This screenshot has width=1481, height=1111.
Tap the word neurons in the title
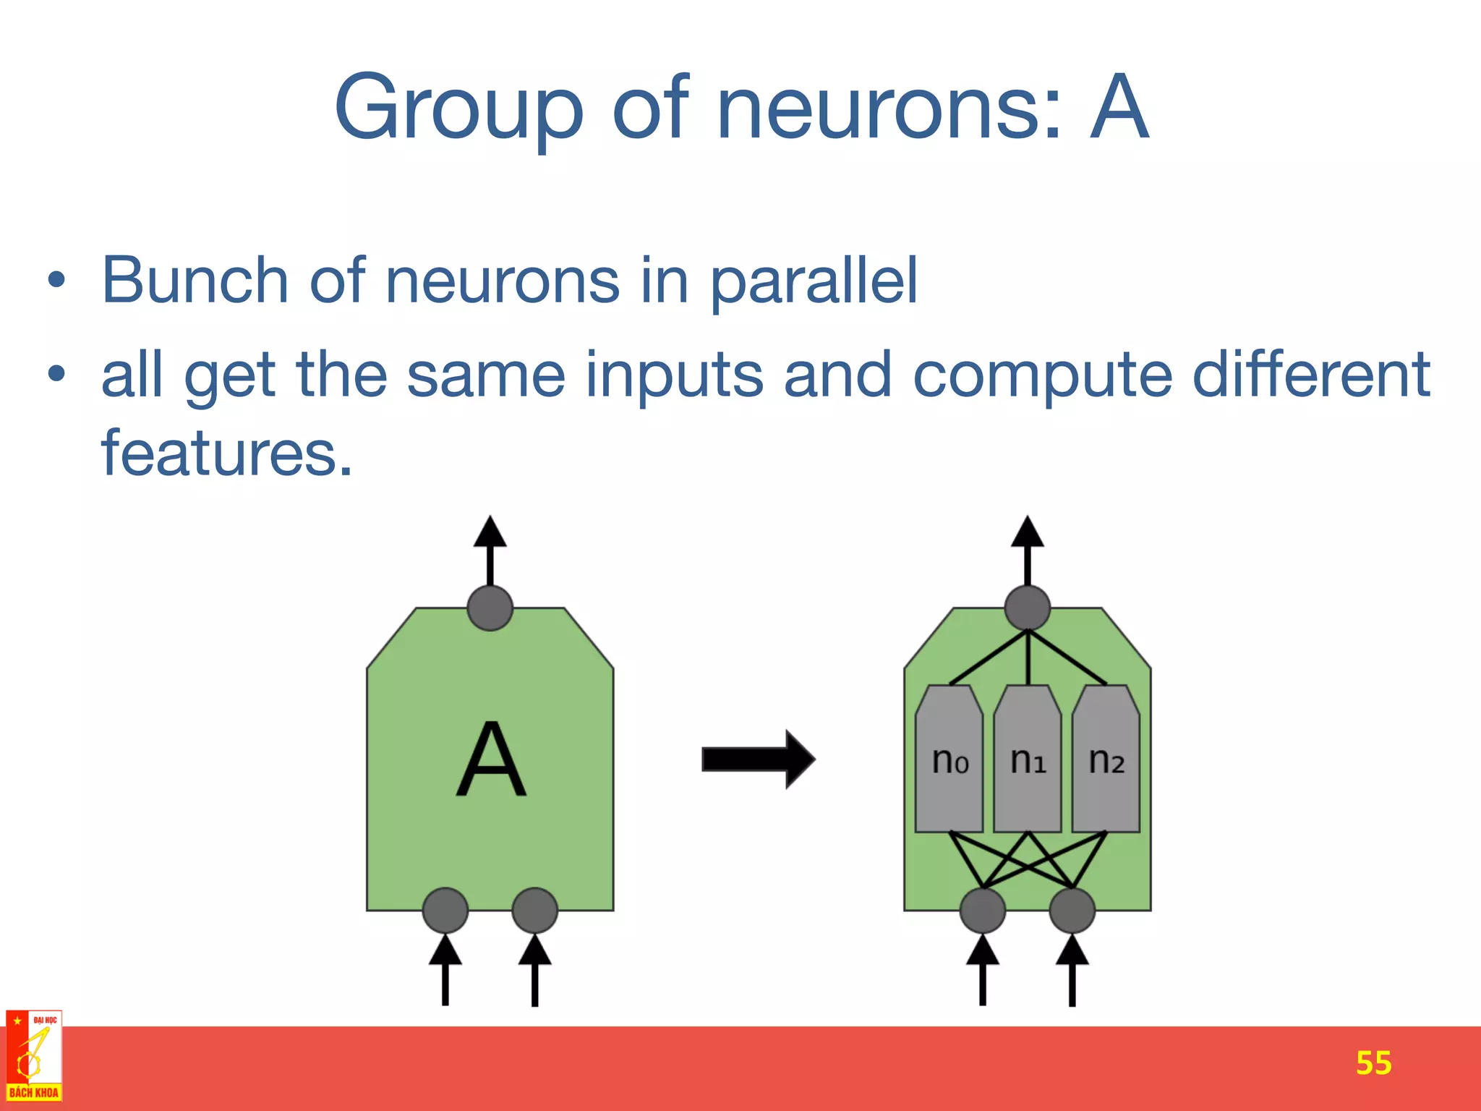[x=889, y=108]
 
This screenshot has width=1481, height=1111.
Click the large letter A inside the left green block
[x=491, y=759]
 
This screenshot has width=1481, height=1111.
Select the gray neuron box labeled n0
[x=949, y=759]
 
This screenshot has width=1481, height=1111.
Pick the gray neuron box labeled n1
[x=1028, y=759]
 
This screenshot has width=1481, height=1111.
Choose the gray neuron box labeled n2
[x=1106, y=759]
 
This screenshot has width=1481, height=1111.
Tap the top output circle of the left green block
[x=490, y=608]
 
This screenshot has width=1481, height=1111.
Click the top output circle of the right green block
[x=1028, y=608]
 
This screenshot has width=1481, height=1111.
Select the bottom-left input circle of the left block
[x=445, y=911]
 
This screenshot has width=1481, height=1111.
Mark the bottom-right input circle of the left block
[x=534, y=911]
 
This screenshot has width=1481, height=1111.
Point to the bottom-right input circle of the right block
[x=1072, y=911]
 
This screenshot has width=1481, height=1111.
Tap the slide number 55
[x=1373, y=1063]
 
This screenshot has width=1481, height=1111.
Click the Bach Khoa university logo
[x=34, y=1056]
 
